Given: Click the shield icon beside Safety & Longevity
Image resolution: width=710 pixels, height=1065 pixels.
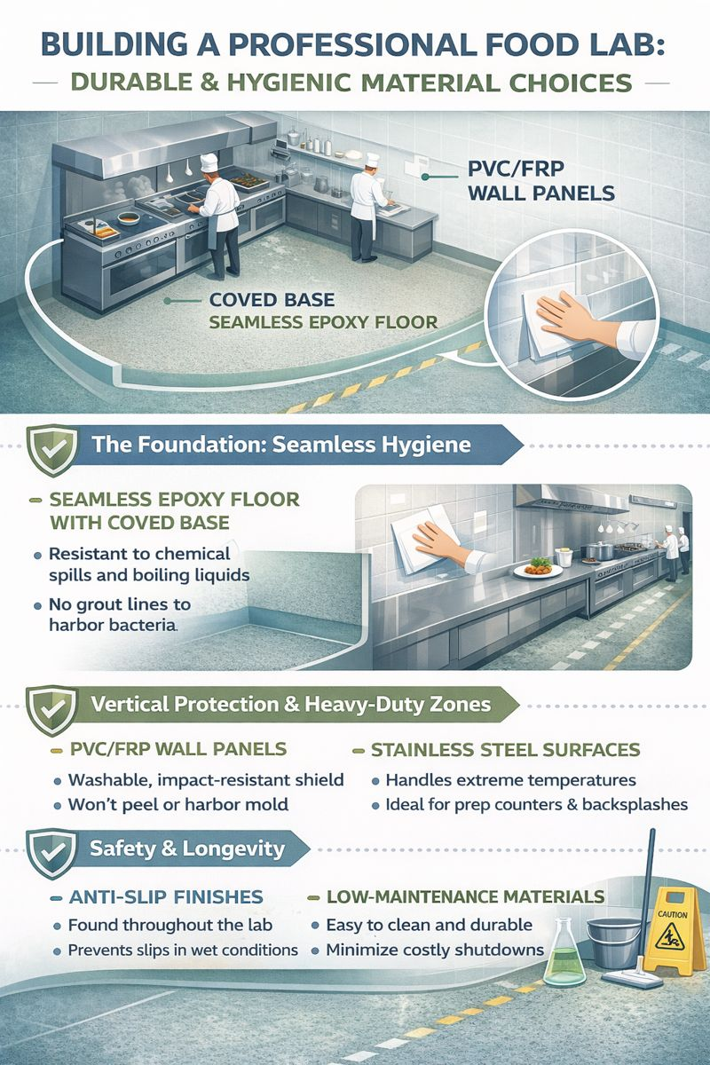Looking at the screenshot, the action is (51, 854).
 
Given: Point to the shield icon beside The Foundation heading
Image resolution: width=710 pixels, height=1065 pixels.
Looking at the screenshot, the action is (51, 449).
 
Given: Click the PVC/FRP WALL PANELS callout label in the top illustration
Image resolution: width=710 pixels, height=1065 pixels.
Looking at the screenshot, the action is (541, 181).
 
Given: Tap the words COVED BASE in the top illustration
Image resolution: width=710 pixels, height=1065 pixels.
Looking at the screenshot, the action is (272, 300).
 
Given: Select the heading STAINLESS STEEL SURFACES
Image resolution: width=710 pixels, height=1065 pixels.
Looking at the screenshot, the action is (506, 750).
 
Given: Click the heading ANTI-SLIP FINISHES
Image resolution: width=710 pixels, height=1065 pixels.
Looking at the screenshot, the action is (166, 896).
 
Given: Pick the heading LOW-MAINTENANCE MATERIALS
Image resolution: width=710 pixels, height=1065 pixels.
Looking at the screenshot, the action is (466, 896).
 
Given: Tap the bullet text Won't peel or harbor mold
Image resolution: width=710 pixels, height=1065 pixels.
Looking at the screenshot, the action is (178, 804).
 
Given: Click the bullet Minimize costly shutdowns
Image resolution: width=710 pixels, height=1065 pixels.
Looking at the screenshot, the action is (435, 950).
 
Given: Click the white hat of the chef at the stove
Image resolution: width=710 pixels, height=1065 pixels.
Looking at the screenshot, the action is (209, 162).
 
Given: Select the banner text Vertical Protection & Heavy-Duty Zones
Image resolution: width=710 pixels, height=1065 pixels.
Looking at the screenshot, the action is (290, 704).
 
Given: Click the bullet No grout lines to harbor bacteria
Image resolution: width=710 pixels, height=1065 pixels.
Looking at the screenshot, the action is (120, 614).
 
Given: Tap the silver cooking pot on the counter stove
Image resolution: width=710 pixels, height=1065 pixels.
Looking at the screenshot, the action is (599, 550).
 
